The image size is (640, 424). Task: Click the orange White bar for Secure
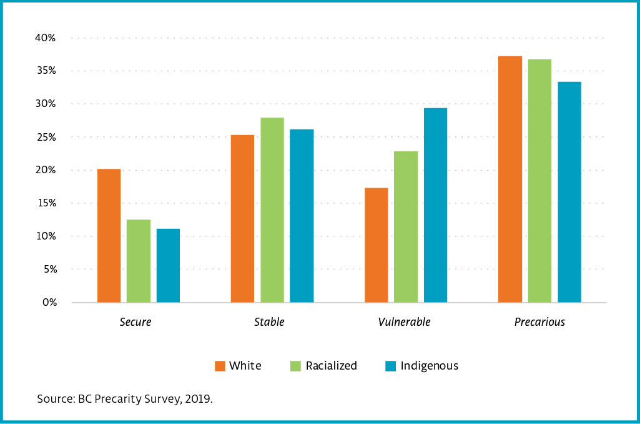pos(109,236)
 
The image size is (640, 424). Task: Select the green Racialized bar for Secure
pos(139,261)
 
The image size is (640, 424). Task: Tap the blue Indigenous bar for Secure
pos(168,265)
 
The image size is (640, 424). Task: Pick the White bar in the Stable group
pos(242,218)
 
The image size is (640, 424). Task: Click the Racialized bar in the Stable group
pos(272,210)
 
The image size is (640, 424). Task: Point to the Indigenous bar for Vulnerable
pos(435,205)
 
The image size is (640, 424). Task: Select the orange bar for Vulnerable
pos(376,245)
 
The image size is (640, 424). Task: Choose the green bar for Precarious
pos(539,181)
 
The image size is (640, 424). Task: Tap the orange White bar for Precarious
pos(510,179)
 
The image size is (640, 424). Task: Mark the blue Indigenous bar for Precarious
pos(569,192)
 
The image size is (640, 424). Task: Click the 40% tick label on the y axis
pos(46,38)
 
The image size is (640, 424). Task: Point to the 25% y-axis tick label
pos(46,137)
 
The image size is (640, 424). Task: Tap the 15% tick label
pos(46,203)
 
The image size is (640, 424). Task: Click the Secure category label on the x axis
pos(135,323)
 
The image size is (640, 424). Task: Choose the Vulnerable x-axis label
pos(404,323)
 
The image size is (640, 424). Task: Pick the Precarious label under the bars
pos(539,323)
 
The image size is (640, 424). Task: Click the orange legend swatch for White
pos(220,366)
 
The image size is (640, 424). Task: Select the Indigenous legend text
pos(429,366)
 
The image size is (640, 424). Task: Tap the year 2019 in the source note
pos(198,399)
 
